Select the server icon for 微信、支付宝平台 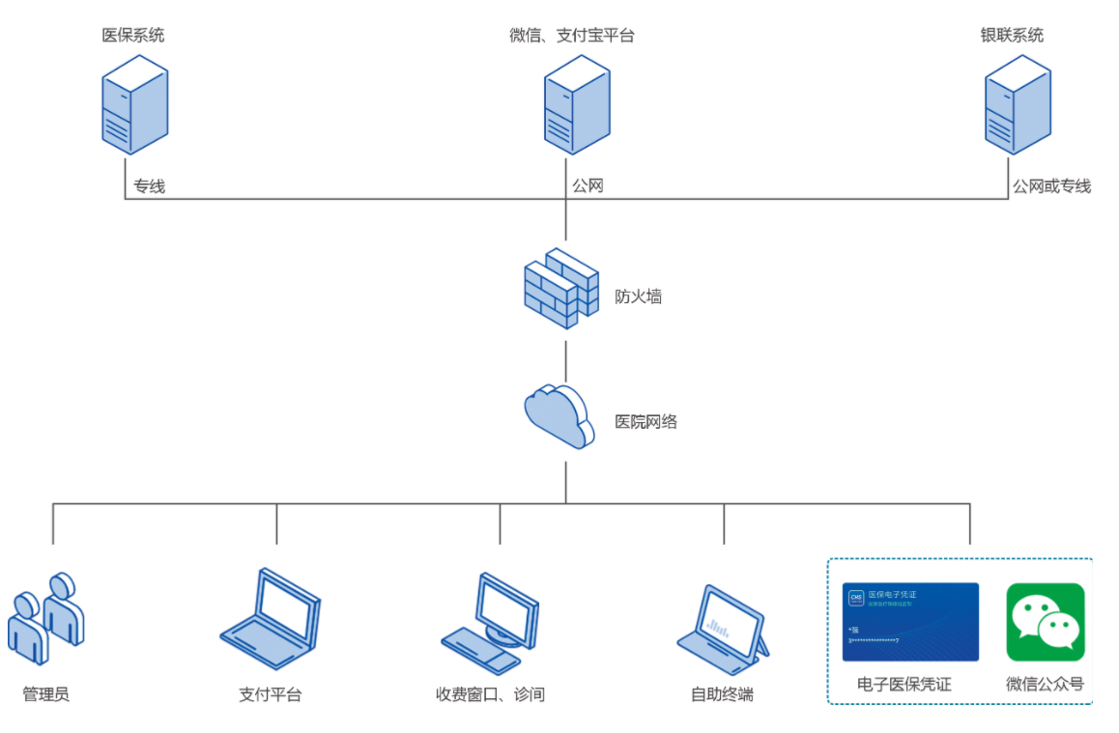(x=576, y=103)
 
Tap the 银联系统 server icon (x=1018, y=103)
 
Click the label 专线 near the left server (x=150, y=186)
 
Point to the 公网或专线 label (x=1051, y=186)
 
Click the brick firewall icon (x=560, y=289)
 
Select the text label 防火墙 (x=639, y=296)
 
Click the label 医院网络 (x=646, y=421)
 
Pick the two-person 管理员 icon (x=46, y=618)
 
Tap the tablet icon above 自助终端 (x=723, y=628)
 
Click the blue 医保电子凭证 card (x=910, y=622)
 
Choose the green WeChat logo (x=1046, y=622)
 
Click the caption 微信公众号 (x=1045, y=684)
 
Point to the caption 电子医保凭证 (x=904, y=684)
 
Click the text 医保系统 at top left (x=133, y=36)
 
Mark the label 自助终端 (x=722, y=693)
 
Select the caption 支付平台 (x=270, y=693)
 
